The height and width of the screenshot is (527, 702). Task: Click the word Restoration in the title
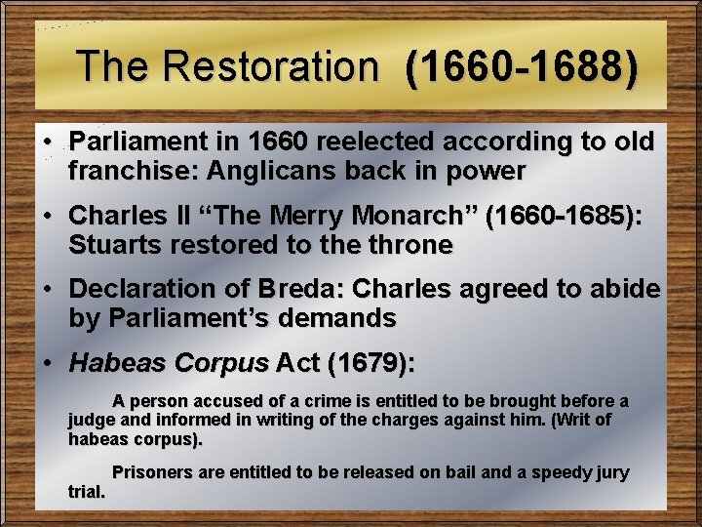point(272,66)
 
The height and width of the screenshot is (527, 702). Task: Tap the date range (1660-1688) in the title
point(523,66)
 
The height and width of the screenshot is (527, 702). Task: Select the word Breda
point(296,289)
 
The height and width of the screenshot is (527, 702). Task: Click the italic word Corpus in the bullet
point(219,364)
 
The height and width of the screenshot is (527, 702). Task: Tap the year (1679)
point(370,364)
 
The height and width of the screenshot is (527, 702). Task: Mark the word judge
point(92,421)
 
